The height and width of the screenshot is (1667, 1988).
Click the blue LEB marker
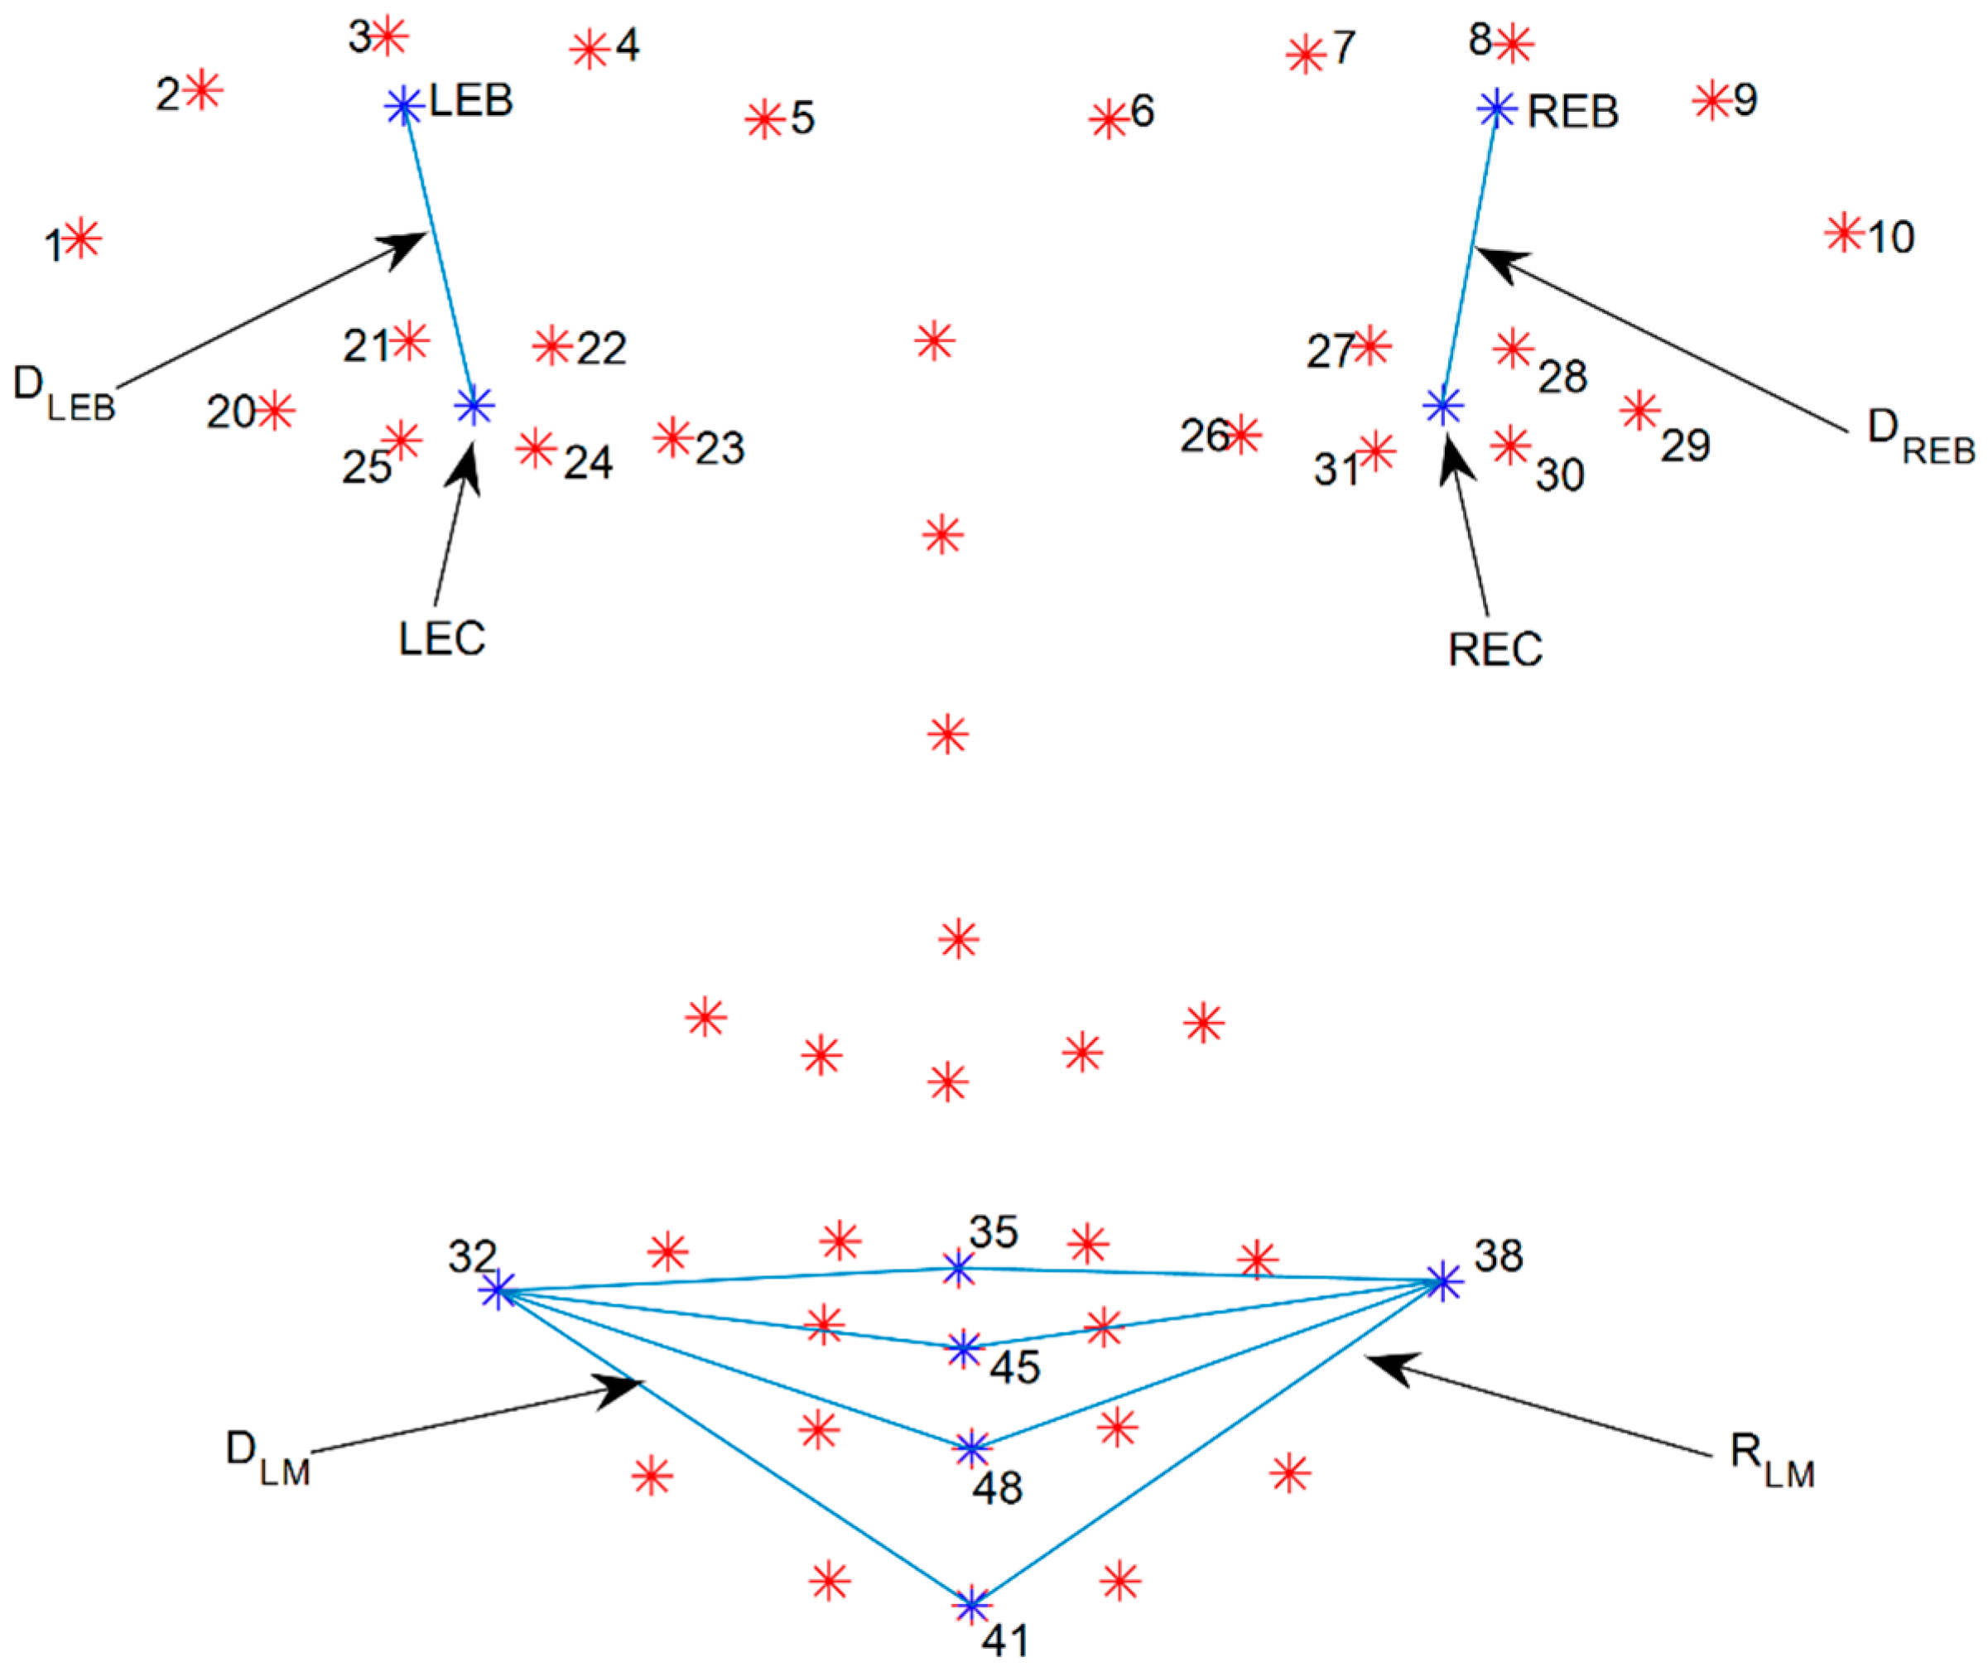[404, 105]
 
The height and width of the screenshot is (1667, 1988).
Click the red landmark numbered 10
[1843, 232]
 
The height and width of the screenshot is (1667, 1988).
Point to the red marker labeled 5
[763, 120]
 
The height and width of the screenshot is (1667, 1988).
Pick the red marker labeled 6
[1108, 120]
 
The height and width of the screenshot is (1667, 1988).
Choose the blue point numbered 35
[959, 1269]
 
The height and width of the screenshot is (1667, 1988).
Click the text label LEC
[441, 640]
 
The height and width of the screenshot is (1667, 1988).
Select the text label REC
[1495, 649]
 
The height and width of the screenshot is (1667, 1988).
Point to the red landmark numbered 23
[673, 437]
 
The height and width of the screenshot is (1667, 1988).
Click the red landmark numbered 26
[1242, 435]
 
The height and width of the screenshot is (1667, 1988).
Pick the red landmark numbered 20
[276, 411]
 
